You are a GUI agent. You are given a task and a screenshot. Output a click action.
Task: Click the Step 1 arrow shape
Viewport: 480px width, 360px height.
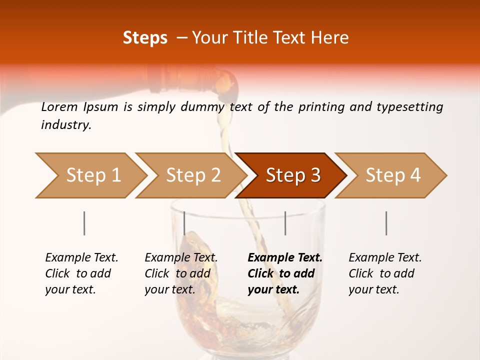[92, 175]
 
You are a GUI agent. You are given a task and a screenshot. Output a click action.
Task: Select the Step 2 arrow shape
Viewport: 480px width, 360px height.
[192, 175]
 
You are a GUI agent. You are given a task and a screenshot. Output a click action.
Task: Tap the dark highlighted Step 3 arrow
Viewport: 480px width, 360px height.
[292, 175]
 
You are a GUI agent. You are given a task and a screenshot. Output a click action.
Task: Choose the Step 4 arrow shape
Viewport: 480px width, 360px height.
[392, 175]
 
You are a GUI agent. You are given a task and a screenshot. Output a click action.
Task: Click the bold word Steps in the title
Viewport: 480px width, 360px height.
[145, 38]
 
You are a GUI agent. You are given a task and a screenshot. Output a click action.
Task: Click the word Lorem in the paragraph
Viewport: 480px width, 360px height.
[59, 107]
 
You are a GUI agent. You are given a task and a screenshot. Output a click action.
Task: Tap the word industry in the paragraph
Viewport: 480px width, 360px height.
[66, 125]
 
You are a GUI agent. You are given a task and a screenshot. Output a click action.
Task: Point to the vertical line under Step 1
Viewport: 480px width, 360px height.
[84, 223]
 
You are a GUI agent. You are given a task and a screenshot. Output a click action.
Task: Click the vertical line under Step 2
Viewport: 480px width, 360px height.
[184, 223]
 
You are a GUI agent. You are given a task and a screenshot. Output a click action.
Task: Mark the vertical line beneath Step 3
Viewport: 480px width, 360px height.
[285, 223]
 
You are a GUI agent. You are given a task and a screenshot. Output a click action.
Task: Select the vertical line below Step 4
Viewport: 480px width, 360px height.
[386, 223]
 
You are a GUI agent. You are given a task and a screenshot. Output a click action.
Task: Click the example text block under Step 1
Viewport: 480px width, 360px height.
[81, 273]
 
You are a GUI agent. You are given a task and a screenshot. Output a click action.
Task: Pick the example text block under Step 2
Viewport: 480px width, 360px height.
[181, 273]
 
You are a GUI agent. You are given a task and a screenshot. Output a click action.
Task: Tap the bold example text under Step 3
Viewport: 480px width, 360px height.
[285, 273]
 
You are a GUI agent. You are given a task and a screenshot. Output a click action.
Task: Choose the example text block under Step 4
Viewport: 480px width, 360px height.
[385, 273]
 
